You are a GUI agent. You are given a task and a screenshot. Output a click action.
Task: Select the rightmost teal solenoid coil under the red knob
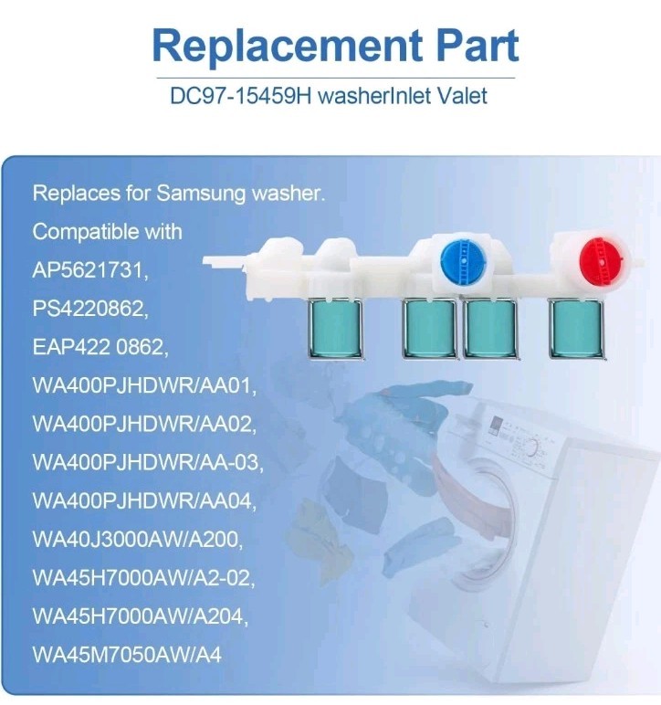point(575,327)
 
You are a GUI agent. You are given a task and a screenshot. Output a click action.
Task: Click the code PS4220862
point(89,310)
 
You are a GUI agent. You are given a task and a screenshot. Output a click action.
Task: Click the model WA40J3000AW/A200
point(138,540)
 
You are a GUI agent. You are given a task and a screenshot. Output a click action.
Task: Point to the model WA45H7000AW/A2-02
point(144,579)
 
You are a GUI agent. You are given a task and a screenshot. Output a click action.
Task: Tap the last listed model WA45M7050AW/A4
point(127,655)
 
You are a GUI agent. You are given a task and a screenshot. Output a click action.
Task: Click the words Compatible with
point(108,232)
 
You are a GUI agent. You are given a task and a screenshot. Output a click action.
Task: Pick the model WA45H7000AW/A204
point(139,617)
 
